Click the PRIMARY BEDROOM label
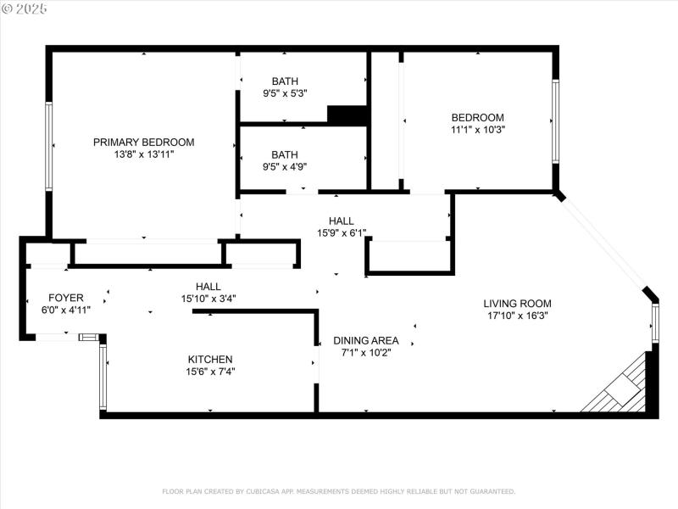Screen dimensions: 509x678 (143, 142)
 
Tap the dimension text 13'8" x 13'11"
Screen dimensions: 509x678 (143, 154)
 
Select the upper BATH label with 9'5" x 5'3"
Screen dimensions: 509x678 (285, 81)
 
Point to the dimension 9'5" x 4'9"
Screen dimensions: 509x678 (285, 166)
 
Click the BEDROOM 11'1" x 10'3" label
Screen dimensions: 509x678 (477, 118)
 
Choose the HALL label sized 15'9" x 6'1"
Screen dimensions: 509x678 (336, 221)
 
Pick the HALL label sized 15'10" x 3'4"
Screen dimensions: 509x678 (208, 287)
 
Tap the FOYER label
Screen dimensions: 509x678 (65, 298)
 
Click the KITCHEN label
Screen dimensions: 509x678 (209, 359)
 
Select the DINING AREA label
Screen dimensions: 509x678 (365, 340)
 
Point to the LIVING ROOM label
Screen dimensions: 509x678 (517, 303)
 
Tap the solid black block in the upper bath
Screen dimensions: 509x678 (346, 115)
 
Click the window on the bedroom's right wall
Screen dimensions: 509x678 (555, 120)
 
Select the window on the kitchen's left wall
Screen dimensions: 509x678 (103, 377)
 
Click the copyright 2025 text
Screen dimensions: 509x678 (25, 8)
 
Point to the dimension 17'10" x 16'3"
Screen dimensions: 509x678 (517, 316)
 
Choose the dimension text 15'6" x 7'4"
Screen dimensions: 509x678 (209, 371)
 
